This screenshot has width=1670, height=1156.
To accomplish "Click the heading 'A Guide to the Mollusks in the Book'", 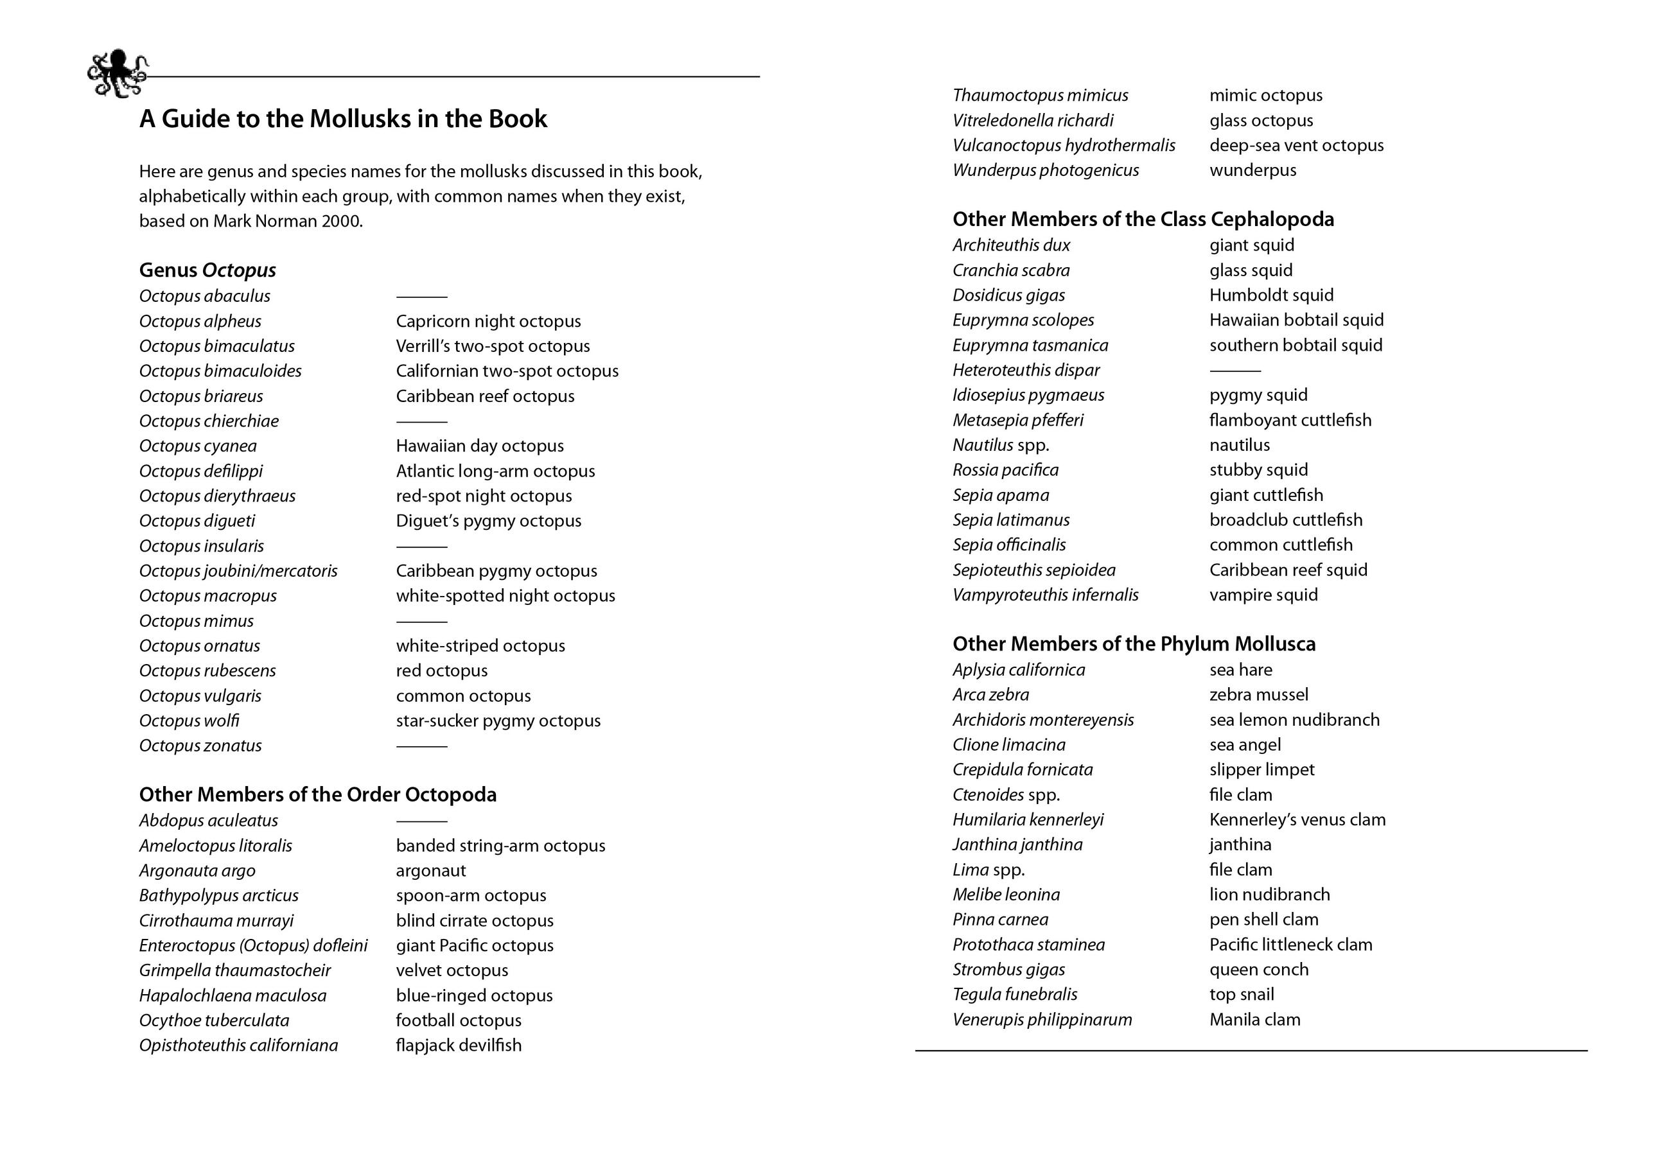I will pos(342,119).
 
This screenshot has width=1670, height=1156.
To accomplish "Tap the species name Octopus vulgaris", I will pos(200,696).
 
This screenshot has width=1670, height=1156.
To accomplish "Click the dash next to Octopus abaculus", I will pos(421,297).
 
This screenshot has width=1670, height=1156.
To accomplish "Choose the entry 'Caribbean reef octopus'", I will pos(484,396).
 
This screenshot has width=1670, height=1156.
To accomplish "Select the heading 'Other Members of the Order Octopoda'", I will pos(317,794).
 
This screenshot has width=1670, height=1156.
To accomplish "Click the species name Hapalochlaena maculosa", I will pos(233,996).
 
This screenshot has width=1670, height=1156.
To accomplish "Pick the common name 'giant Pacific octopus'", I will pos(475,946).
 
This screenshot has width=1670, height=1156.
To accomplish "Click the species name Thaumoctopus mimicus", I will pos(1040,96).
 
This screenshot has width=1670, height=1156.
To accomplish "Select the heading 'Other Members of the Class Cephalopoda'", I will pos(1143,220).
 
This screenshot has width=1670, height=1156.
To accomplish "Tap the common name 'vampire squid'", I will pos(1263,595).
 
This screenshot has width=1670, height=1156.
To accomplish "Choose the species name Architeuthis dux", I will pos(1011,245).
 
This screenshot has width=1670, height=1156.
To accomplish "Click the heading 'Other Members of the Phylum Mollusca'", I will pos(1134,644).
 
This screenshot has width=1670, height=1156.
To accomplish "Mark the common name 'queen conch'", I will pos(1259,970).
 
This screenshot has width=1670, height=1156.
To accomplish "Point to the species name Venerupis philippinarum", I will pos(1042,1020).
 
